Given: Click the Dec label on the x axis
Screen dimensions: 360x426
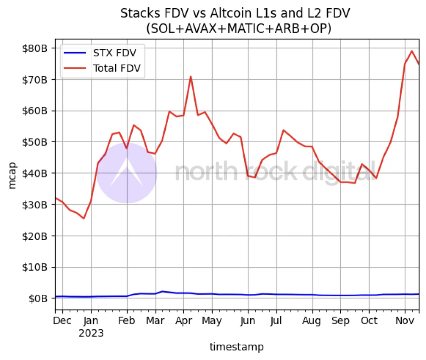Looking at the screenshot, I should tap(62, 321).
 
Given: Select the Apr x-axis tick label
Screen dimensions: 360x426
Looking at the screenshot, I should tap(184, 321).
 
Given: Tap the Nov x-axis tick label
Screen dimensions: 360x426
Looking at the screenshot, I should tap(404, 321).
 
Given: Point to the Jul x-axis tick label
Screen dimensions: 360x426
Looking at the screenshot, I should tap(276, 321).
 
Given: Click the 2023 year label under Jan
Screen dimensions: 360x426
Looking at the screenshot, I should tap(91, 332).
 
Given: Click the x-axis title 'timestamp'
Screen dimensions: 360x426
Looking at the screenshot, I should tap(236, 347).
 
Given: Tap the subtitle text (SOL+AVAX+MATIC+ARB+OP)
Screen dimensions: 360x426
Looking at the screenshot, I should tap(238, 28).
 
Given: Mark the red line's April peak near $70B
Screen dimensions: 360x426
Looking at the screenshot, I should tap(191, 77).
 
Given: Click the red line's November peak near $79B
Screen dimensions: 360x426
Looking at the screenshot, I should tap(412, 51).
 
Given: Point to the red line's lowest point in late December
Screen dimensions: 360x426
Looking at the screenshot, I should tap(84, 218).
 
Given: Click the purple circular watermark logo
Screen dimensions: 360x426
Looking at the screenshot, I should tap(127, 173).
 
